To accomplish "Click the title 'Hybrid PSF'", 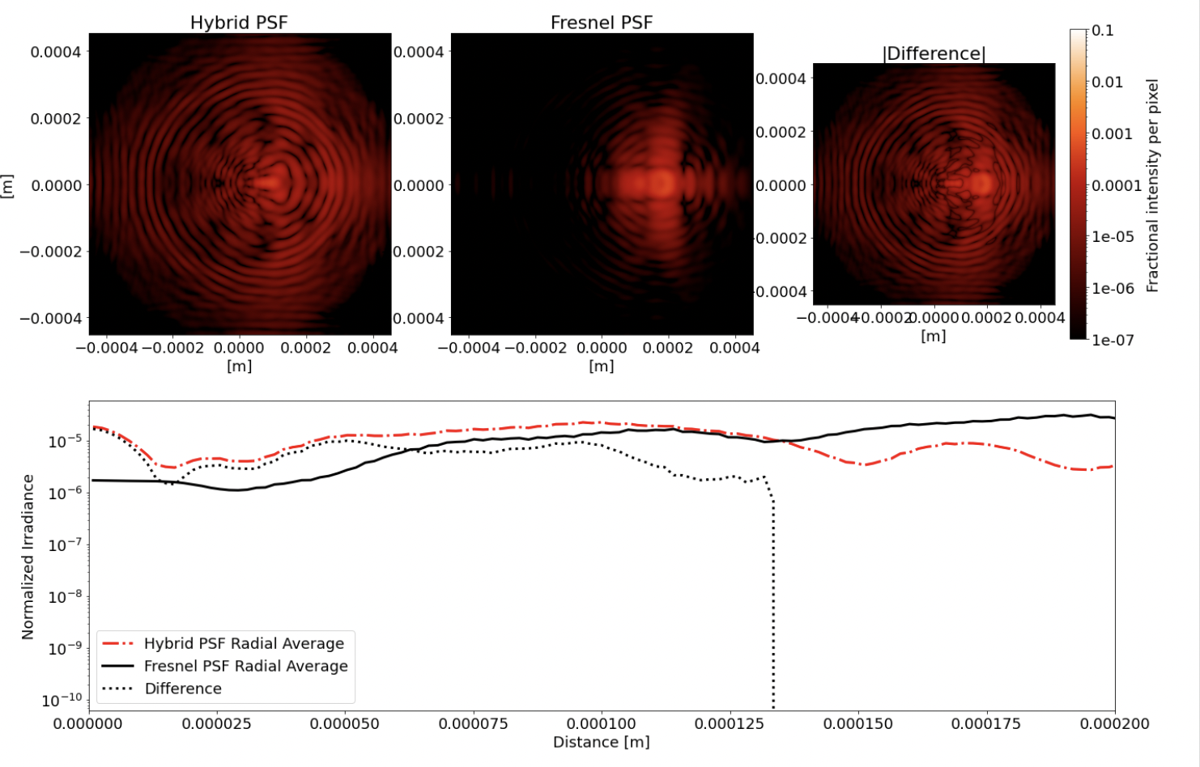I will pos(238,23).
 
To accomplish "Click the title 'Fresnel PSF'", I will pos(601,23).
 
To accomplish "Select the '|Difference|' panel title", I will pos(934,53).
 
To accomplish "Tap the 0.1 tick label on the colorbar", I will pos(1103,31).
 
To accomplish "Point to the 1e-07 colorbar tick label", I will pos(1113,341).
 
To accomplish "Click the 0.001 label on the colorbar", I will pos(1113,133).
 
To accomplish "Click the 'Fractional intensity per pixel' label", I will pos(1153,185).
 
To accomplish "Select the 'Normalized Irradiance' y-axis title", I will pos(28,557).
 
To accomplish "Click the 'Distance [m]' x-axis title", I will pos(601,742).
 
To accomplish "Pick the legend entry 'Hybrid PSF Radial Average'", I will pos(244,643).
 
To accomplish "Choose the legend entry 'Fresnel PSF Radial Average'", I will pos(245,666).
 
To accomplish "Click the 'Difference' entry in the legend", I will pos(183,689).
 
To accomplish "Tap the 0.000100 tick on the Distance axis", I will pos(601,723).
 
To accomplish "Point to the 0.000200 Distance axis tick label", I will pos(1114,723).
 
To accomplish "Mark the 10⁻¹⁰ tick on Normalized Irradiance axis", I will pos(62,700).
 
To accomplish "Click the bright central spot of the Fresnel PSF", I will pos(662,184).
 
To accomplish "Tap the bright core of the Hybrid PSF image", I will pos(270,184).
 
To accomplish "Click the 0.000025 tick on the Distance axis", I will pos(217,723).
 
